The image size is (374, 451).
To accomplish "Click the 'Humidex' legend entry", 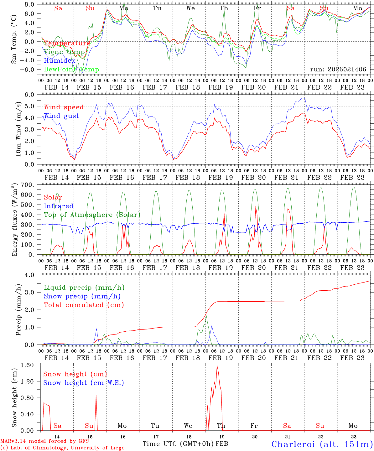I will click(60, 61).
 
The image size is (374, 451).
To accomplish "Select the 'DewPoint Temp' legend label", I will click(71, 70).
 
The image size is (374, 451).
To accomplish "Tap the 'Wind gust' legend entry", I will click(61, 116).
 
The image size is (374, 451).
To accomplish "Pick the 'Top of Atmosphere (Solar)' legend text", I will click(92, 215).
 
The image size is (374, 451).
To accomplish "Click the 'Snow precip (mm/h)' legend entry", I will click(82, 296).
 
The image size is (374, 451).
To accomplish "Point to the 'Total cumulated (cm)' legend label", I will click(84, 305).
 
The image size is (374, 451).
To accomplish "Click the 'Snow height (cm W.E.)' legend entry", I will click(84, 383).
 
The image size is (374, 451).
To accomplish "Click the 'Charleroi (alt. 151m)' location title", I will click(322, 444).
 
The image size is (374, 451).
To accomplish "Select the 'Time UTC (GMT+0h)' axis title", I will click(178, 444).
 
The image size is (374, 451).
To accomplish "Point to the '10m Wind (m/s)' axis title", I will click(19, 128).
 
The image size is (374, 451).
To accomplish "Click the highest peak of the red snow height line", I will click(217, 365).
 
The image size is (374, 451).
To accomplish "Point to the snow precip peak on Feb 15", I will click(96, 329).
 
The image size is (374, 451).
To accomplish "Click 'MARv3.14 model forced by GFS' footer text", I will click(44, 442).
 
